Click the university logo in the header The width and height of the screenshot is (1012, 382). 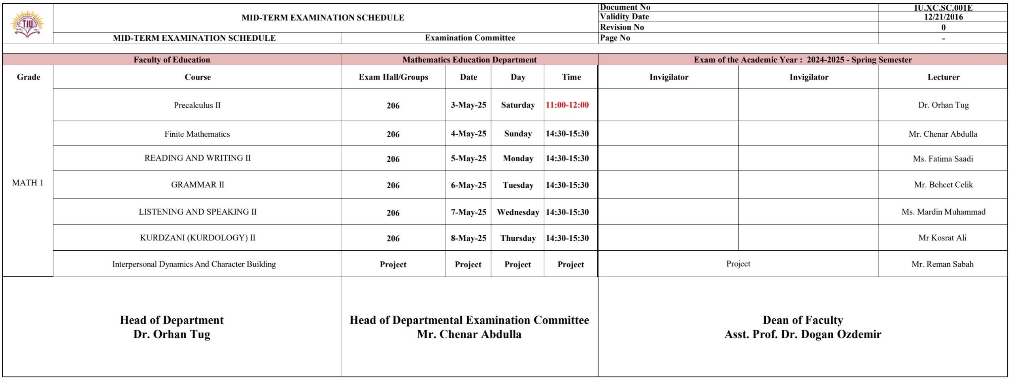(x=27, y=24)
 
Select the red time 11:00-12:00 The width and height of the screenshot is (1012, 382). (x=567, y=105)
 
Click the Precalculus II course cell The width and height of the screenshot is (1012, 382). (x=197, y=105)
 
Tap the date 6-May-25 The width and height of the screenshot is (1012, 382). (x=468, y=185)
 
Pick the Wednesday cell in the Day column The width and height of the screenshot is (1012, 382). (x=518, y=212)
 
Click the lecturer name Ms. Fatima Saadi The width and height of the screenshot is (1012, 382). (x=943, y=159)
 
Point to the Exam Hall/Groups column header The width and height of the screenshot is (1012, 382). (x=393, y=77)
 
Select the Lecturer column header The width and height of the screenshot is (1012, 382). (x=943, y=77)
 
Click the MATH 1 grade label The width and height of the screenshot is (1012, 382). (x=28, y=183)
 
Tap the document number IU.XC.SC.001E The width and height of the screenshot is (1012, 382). (x=943, y=8)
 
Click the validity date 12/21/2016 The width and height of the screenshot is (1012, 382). (x=943, y=17)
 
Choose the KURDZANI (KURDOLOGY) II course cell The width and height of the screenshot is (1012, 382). (x=197, y=238)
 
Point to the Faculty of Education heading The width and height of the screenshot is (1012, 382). (x=172, y=60)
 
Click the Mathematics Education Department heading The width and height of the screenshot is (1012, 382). (x=469, y=60)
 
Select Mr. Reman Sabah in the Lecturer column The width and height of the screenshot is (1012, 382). (x=942, y=264)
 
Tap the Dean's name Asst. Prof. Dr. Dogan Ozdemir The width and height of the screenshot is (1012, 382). (x=802, y=335)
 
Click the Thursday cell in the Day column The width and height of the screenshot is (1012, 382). (x=518, y=238)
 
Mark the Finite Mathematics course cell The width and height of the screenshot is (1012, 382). (x=197, y=134)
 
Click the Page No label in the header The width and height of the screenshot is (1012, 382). (x=615, y=38)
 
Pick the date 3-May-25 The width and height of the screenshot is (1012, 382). (x=468, y=105)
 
